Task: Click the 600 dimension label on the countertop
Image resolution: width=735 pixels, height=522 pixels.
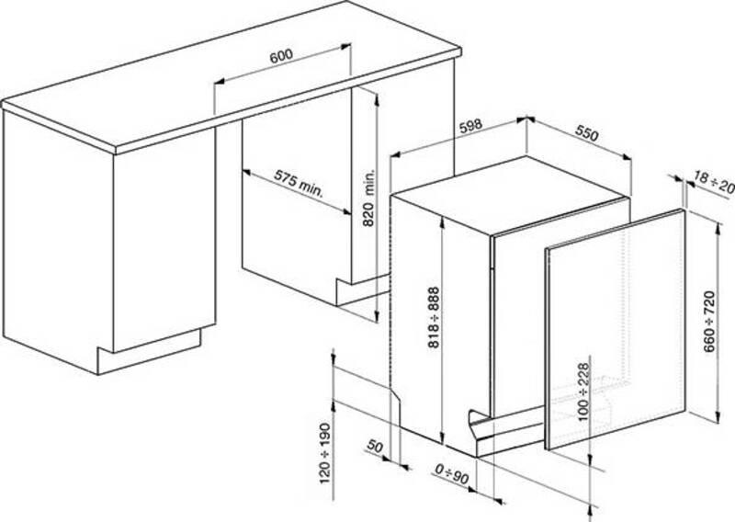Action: [281, 56]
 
